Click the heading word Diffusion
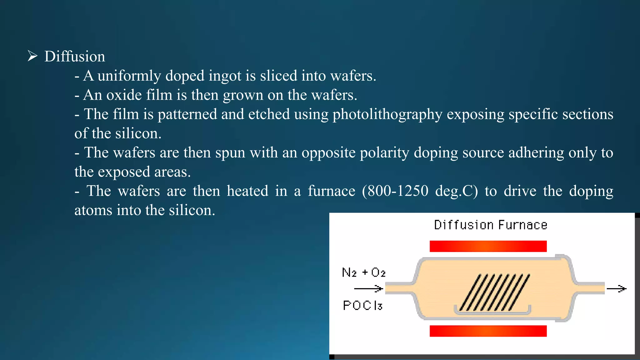pos(75,57)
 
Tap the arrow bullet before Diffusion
pos(32,56)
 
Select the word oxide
pos(124,95)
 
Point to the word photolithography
pos(387,114)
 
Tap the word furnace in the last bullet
pos(332,191)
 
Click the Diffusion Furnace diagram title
pos(491,225)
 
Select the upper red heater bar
pos(488,246)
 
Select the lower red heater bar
pos(488,331)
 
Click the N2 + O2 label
pos(364,272)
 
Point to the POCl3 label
pos(362,305)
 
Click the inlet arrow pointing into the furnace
pos(369,288)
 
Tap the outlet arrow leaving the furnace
pos(617,289)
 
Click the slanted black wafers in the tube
pos(495,292)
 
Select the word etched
pos(269,114)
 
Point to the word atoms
pos(93,210)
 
